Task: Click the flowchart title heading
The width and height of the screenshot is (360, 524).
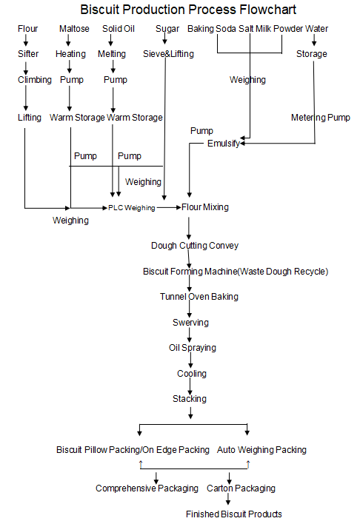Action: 187,10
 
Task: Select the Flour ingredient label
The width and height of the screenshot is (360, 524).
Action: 28,29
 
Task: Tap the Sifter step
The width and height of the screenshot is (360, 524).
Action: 29,54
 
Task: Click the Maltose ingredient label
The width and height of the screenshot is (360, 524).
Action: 73,29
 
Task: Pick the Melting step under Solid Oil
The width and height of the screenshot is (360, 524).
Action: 112,54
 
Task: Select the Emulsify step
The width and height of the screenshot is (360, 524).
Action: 223,144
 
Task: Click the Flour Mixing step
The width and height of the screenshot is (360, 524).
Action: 205,207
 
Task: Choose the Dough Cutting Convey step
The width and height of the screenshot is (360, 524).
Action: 195,245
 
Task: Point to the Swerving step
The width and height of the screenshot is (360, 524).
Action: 190,323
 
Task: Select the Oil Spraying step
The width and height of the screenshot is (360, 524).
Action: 193,348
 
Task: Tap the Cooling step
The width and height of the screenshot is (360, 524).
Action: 191,374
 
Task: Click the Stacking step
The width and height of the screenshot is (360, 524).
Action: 190,399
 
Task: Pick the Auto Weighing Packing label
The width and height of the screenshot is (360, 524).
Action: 261,449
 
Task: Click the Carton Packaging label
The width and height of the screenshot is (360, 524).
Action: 241,488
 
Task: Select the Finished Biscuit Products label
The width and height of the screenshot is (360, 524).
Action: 233,514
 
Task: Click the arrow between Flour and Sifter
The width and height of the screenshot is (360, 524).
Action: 27,41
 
